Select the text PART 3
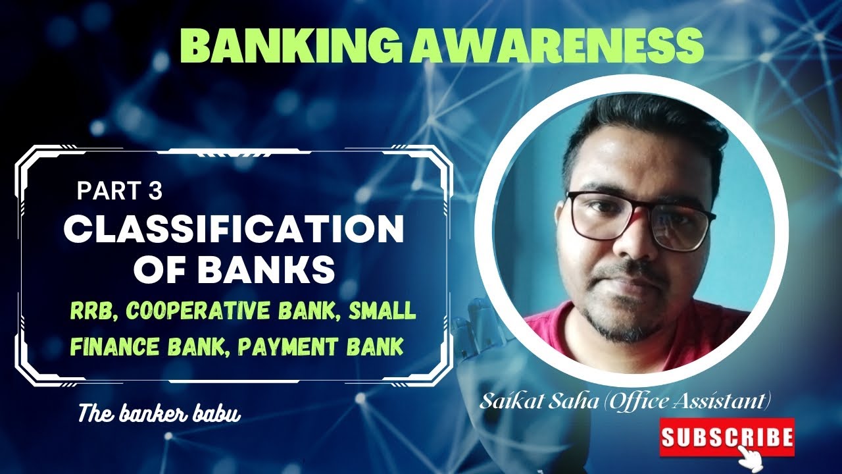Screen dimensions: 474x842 [119, 191]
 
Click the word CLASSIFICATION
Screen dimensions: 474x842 [234, 230]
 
